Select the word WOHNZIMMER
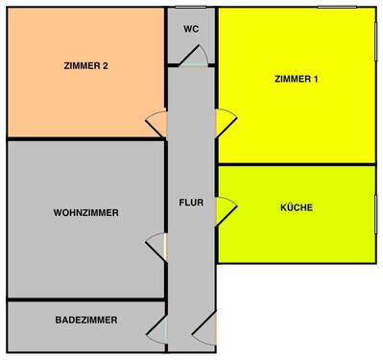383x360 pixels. coord(86,212)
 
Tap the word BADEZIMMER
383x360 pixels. coord(86,320)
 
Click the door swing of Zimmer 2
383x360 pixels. coord(156,124)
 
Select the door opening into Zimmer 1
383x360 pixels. coord(225,122)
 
